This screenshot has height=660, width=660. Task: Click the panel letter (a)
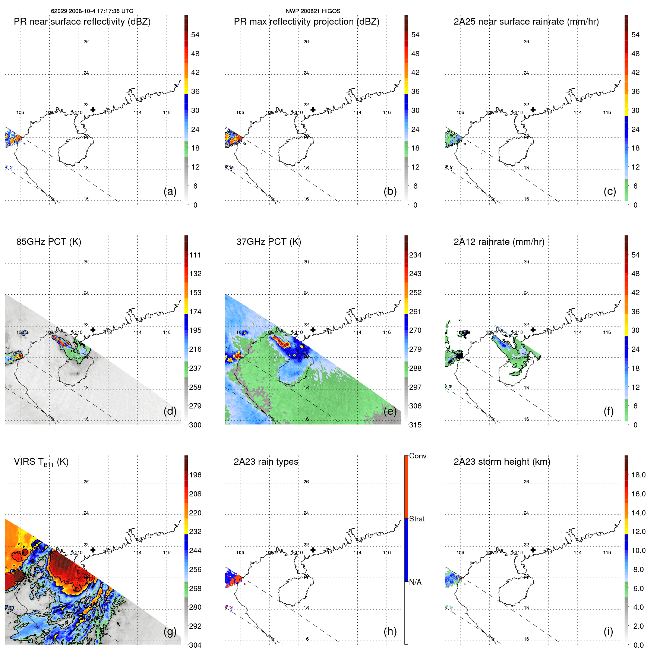coord(170,191)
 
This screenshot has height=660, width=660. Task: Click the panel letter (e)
coord(390,411)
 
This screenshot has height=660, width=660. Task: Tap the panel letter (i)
coord(608,631)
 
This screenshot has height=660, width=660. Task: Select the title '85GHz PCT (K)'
coord(48,242)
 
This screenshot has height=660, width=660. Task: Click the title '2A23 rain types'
coord(266,462)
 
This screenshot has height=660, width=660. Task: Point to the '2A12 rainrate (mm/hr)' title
coord(499,242)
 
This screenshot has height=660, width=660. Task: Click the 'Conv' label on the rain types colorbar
coord(417,456)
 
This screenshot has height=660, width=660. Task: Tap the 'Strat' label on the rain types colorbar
coord(417,519)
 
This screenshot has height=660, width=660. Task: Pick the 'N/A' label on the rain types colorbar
coord(415,582)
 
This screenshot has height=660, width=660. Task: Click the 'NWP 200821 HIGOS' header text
coord(313,11)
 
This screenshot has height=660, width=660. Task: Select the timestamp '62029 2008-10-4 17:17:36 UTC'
coord(92,11)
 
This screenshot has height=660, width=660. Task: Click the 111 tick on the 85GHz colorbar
coord(195,255)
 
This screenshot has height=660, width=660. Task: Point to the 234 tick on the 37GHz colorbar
coord(415,255)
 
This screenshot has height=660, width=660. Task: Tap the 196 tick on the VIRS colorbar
coord(195,475)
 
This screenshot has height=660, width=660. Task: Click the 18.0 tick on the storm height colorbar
coord(638,475)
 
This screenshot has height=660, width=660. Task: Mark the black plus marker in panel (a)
coord(93,110)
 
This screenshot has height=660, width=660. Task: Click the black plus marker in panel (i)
coord(533,550)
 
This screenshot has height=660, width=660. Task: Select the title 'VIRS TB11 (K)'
coord(41,462)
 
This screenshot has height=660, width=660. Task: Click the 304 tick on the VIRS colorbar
coord(195,645)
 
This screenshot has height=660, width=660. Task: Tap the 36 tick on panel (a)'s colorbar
coord(195,91)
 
